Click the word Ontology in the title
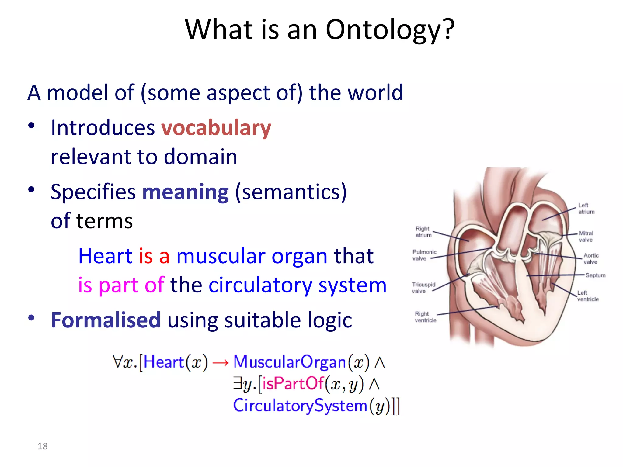[x=384, y=30]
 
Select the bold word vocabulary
[x=216, y=128]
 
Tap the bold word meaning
[x=185, y=192]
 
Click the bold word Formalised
[x=106, y=320]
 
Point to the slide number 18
[x=43, y=446]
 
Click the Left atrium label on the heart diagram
[x=586, y=209]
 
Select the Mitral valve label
[x=586, y=237]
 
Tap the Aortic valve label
[x=591, y=258]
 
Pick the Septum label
[x=595, y=275]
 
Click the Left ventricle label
[x=588, y=296]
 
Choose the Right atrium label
[x=423, y=232]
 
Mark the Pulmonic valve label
[x=424, y=255]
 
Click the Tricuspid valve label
[x=423, y=288]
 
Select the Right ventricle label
[x=425, y=317]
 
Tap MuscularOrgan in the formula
[x=289, y=362]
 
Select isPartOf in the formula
[x=293, y=383]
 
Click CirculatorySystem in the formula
[x=300, y=406]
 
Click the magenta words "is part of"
[x=121, y=285]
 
